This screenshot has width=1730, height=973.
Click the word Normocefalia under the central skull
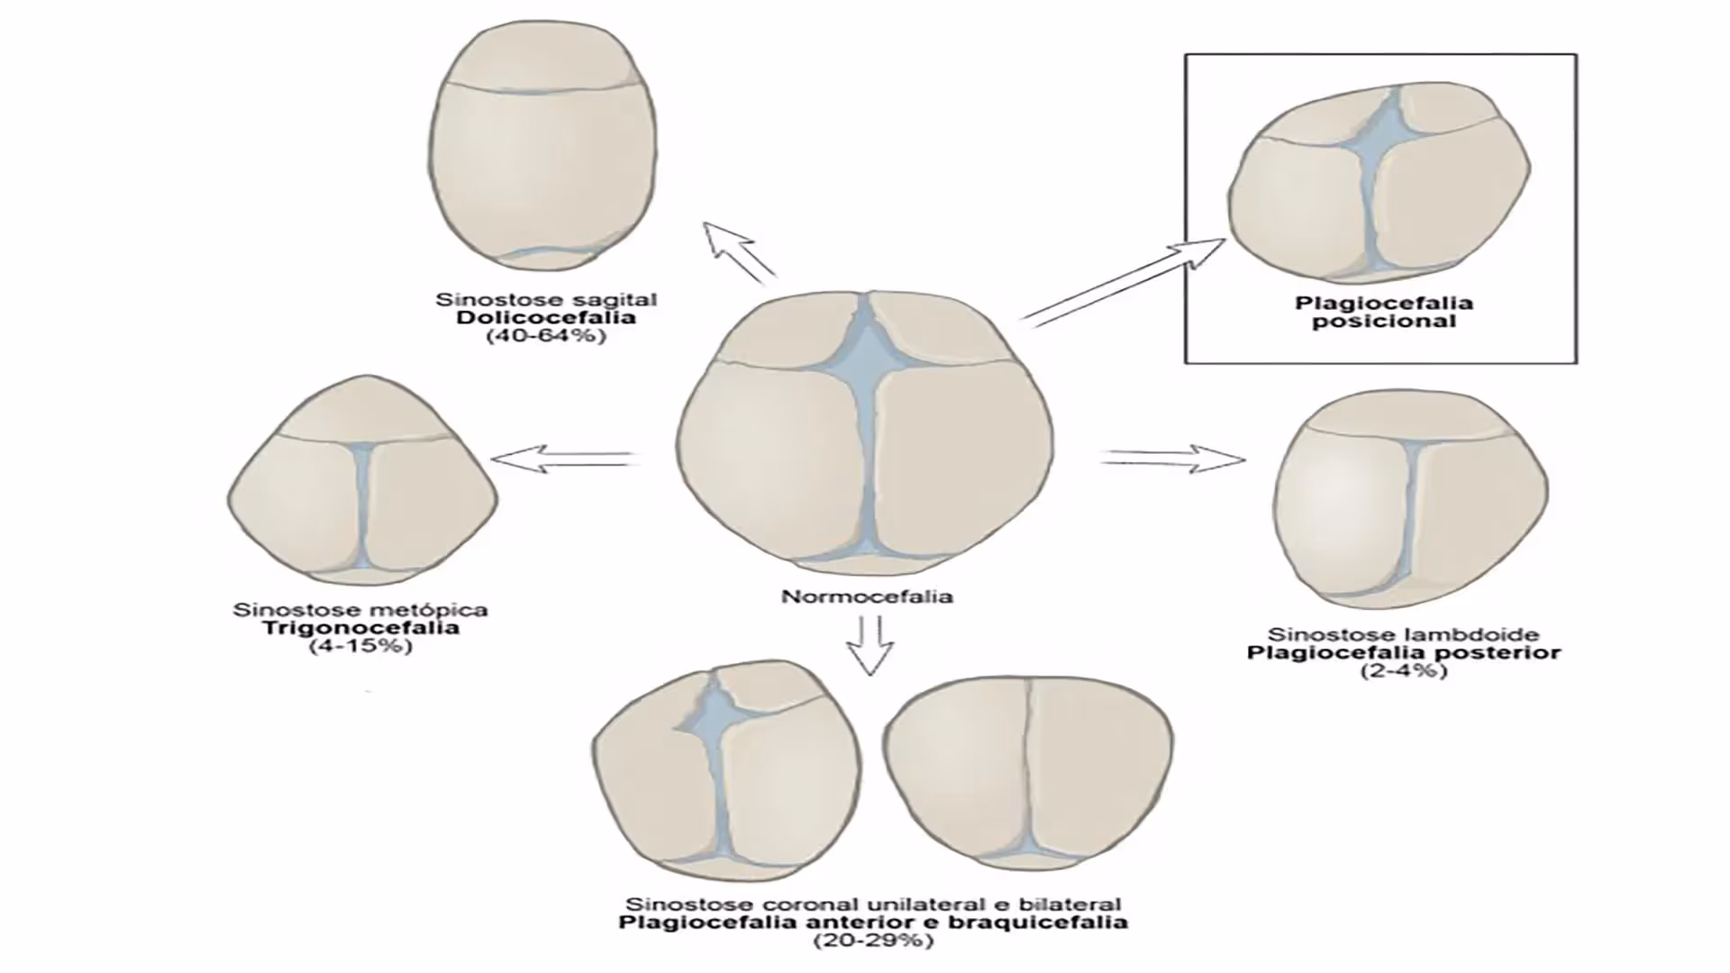866,596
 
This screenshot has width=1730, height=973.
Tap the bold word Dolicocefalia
546,317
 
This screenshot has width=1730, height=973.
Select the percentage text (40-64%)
546,336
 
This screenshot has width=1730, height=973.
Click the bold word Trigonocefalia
360,627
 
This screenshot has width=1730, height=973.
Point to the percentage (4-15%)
360,646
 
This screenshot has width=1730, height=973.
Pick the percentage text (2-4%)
1404,670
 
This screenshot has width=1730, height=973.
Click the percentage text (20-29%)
872,941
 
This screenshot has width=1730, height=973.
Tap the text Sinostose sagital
546,299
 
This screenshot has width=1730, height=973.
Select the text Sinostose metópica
360,610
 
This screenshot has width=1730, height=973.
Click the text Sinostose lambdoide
1403,634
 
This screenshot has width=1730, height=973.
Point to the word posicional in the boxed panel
1383,322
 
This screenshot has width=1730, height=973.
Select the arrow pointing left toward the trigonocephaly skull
563,458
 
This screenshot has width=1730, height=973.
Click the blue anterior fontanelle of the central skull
865,347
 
